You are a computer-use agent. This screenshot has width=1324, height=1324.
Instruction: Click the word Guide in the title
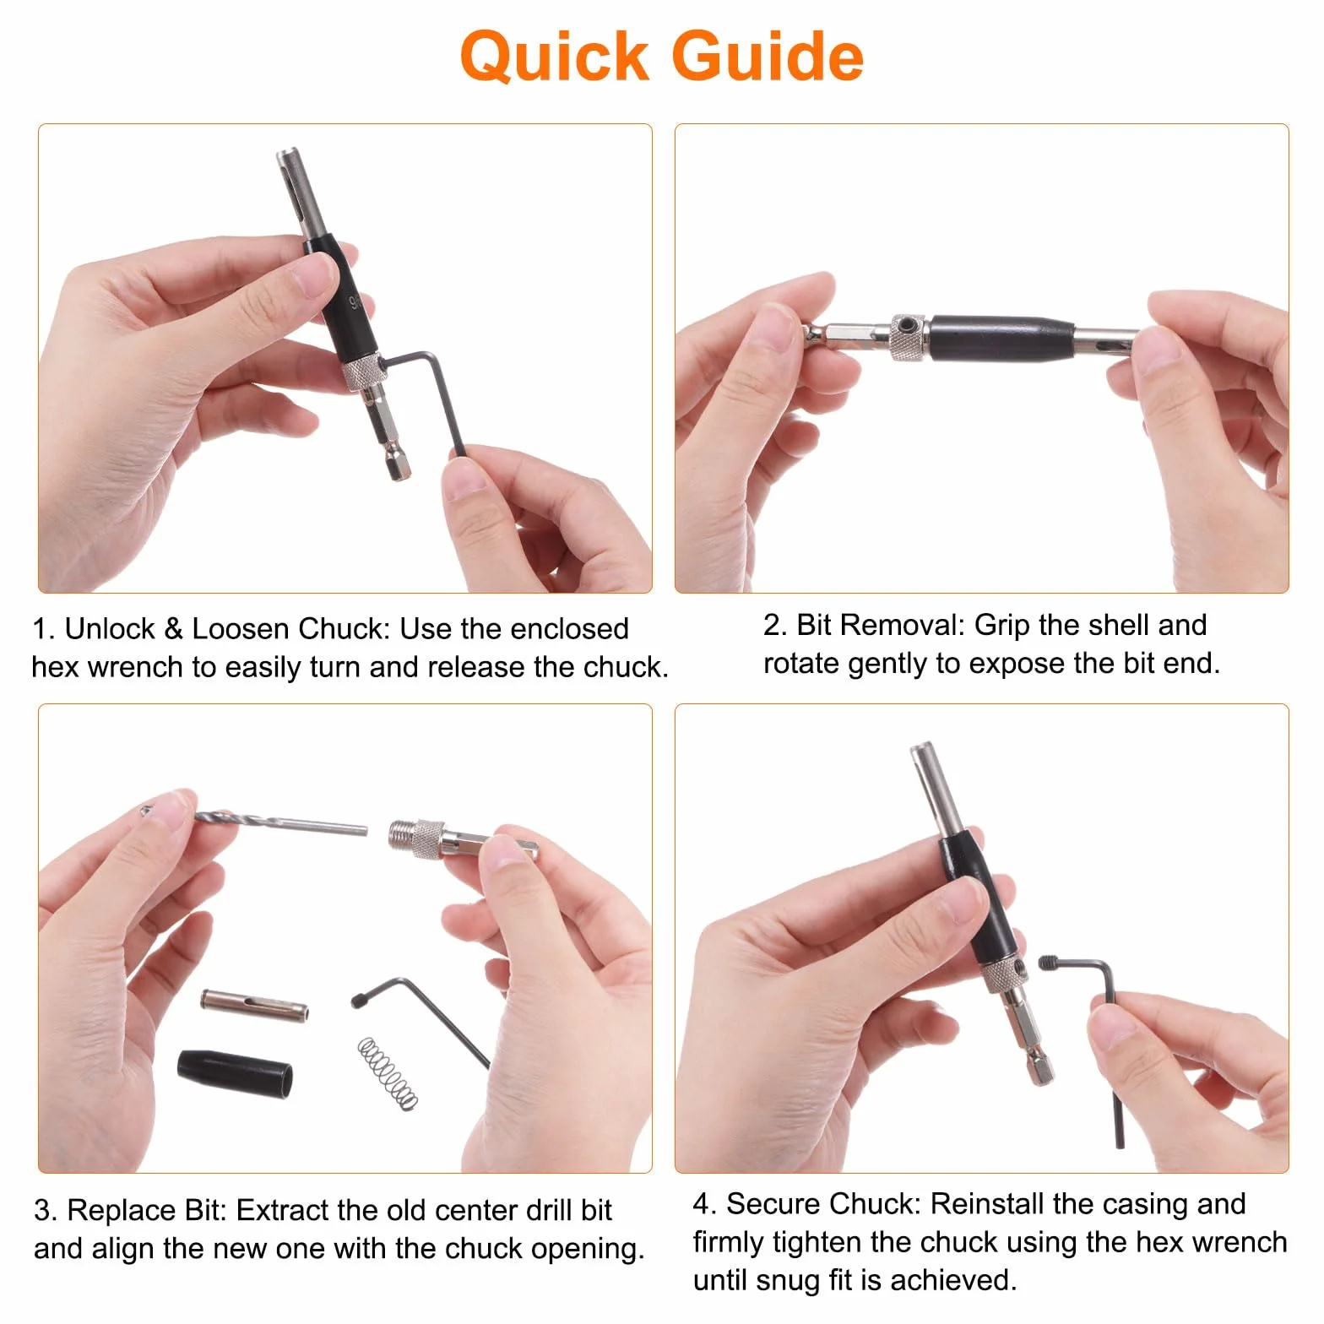pos(768,57)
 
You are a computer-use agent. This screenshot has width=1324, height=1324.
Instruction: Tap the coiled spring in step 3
pos(388,1072)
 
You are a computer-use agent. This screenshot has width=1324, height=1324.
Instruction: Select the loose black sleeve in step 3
pos(236,1073)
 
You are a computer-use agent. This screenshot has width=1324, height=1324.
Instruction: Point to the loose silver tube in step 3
pos(254,1003)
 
